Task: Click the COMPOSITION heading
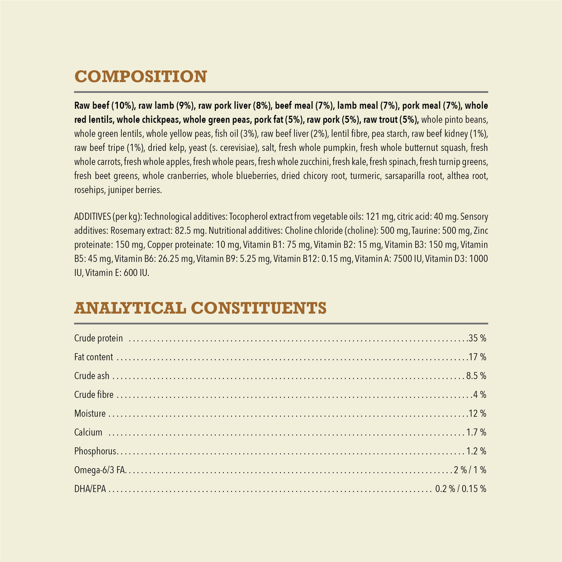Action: [x=140, y=76]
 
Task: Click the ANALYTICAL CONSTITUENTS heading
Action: [x=200, y=308]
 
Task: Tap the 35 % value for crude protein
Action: [x=477, y=338]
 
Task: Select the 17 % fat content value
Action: [x=477, y=357]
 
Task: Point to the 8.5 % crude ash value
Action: [x=476, y=376]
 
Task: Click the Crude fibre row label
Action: [x=94, y=395]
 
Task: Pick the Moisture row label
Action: [x=90, y=413]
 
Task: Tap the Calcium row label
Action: [x=88, y=432]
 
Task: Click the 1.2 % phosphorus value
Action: [x=476, y=451]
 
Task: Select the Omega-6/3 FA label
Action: [x=100, y=470]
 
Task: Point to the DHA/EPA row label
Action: [x=90, y=489]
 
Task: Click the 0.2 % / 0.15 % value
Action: [x=461, y=489]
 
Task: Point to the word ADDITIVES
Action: [x=92, y=217]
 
